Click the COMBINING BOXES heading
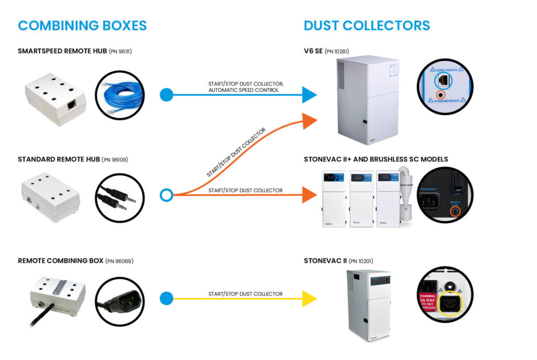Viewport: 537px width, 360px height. pyautogui.click(x=82, y=25)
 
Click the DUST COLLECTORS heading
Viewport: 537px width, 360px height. pyautogui.click(x=367, y=25)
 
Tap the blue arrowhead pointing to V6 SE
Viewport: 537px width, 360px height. pyautogui.click(x=309, y=95)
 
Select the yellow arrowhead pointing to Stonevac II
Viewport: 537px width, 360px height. pyautogui.click(x=309, y=299)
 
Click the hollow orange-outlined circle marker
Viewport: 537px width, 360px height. pyautogui.click(x=166, y=195)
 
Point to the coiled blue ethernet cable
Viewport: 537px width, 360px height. pyautogui.click(x=120, y=95)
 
